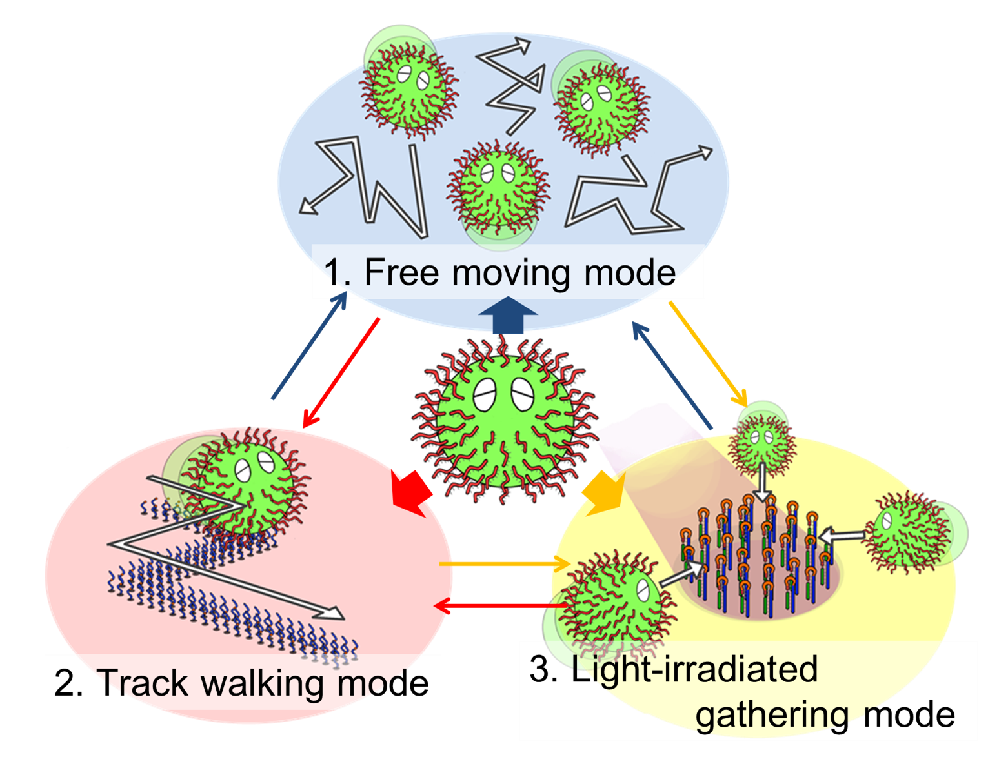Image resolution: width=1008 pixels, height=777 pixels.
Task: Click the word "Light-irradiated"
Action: (x=694, y=669)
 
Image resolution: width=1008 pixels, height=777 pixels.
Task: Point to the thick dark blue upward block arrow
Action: (x=508, y=315)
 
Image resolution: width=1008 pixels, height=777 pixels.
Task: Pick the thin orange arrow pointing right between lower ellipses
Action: (x=503, y=564)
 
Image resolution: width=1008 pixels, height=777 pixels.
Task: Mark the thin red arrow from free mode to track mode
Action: (x=340, y=373)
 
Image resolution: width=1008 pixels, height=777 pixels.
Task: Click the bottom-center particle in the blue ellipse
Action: (x=497, y=191)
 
